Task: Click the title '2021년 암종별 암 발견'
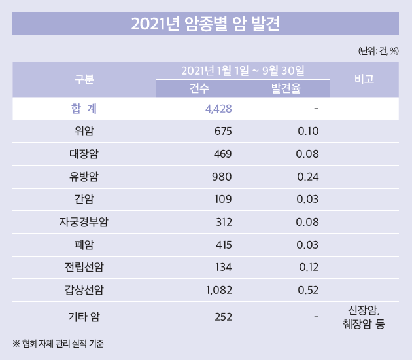click(x=205, y=24)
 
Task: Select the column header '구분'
click(x=84, y=80)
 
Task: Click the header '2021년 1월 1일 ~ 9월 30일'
click(x=243, y=70)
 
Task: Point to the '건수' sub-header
click(x=199, y=89)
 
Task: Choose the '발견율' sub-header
click(x=286, y=89)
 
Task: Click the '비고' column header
click(x=364, y=80)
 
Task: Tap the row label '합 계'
click(x=84, y=109)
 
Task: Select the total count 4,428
click(x=218, y=109)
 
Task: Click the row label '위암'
click(x=84, y=132)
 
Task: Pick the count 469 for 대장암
click(x=223, y=154)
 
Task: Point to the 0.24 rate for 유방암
click(x=307, y=177)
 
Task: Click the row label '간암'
click(x=84, y=200)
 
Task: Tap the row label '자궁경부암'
click(x=84, y=222)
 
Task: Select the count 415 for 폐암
click(x=223, y=245)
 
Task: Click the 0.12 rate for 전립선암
click(x=307, y=267)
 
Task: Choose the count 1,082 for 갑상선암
click(x=218, y=290)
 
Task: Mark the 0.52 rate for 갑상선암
click(x=307, y=290)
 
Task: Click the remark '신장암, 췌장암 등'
click(x=364, y=317)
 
